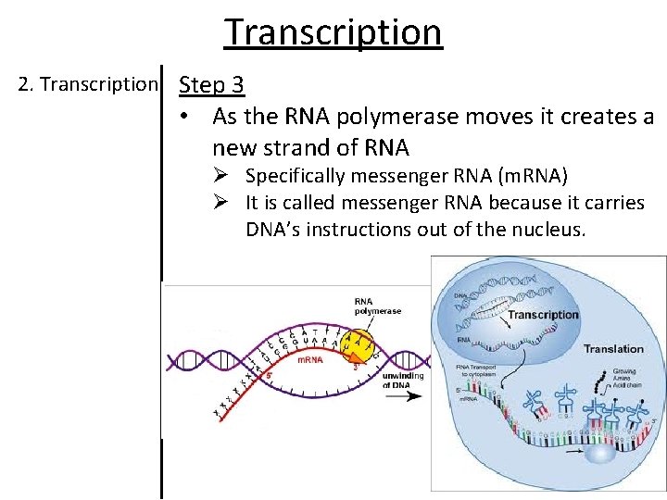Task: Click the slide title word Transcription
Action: pos(333,31)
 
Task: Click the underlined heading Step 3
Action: pos(211,85)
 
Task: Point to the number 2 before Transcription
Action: pos(23,84)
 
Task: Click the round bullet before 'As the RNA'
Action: pos(186,119)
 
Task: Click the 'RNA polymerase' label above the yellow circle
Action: pos(377,306)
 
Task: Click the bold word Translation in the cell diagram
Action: pos(612,349)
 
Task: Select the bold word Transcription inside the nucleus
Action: pos(542,315)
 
